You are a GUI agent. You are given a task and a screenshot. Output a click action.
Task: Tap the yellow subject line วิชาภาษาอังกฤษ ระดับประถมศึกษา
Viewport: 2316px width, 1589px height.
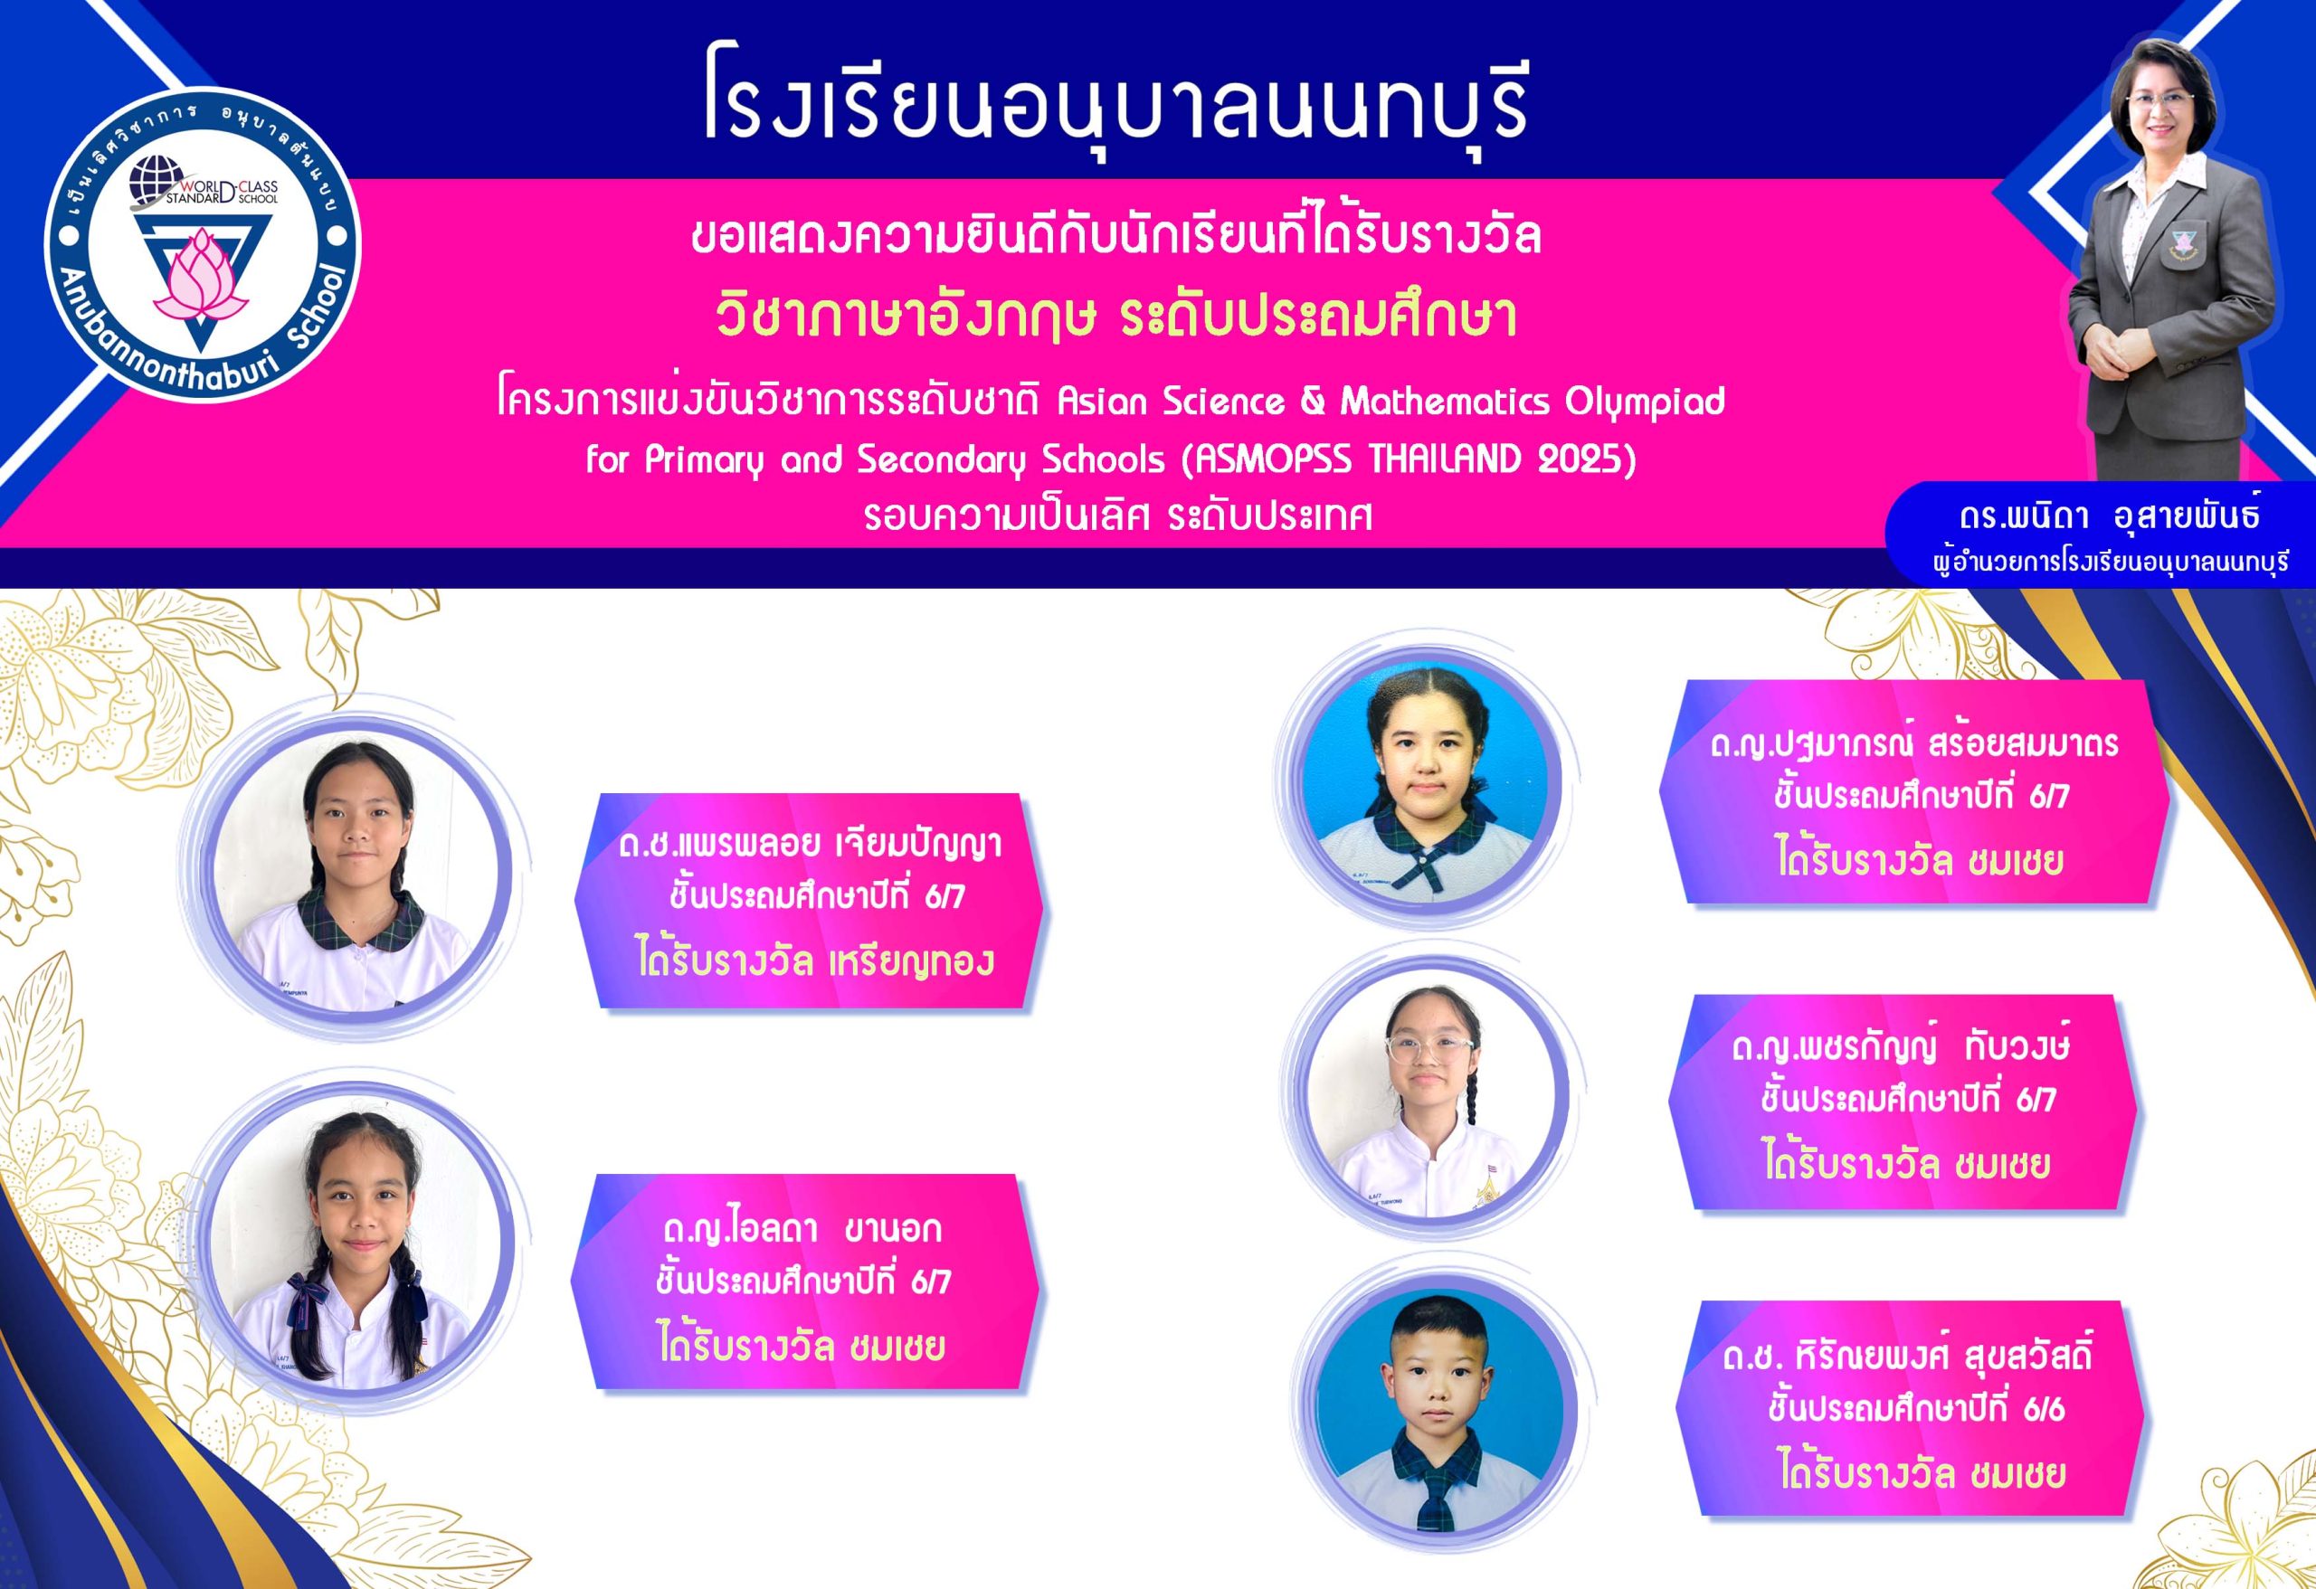point(1116,316)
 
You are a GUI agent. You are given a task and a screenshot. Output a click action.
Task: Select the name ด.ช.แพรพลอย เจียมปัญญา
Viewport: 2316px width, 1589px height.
point(809,845)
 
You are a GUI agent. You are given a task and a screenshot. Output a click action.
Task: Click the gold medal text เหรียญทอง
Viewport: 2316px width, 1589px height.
point(912,961)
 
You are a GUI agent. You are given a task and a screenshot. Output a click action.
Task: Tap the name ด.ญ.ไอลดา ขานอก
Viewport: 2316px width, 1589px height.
point(802,1228)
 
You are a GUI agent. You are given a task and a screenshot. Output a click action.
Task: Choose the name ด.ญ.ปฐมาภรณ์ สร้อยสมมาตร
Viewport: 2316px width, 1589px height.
point(1914,744)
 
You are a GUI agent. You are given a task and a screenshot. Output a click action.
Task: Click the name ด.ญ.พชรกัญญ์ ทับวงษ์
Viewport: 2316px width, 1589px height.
point(1902,1047)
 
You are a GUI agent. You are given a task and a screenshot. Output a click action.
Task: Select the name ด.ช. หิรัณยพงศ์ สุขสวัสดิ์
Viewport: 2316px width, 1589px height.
point(1907,1356)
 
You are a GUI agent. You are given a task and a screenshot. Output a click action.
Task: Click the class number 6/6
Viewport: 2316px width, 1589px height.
point(2044,1410)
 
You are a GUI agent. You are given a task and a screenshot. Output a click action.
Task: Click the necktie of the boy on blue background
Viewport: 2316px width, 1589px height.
point(1436,1494)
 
